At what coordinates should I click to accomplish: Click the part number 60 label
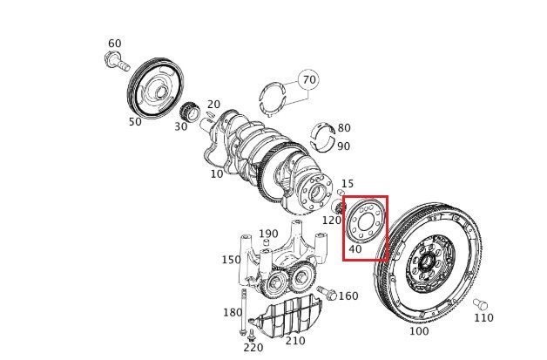coord(115,44)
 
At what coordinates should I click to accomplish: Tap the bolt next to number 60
coord(117,61)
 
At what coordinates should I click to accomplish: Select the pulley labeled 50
coord(155,89)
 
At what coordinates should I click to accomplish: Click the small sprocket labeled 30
coord(190,112)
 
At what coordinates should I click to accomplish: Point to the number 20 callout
coord(214,104)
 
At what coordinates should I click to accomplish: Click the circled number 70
coord(308,79)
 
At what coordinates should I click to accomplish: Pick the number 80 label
coord(344,128)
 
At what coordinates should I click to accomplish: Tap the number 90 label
coord(344,146)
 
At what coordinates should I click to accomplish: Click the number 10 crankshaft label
coord(217,173)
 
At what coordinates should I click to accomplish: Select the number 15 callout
coord(348,183)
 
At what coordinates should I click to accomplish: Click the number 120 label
coord(331,220)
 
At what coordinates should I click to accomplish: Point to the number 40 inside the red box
coord(355,249)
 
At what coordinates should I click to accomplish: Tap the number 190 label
coord(268,234)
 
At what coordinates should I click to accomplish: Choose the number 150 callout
coord(232,260)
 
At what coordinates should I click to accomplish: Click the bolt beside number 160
coord(327,293)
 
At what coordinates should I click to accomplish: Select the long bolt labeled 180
coord(244,312)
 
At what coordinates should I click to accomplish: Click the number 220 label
coord(253,348)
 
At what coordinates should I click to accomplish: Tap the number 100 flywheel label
coord(419,330)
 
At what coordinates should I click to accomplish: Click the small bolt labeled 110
coord(481,304)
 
